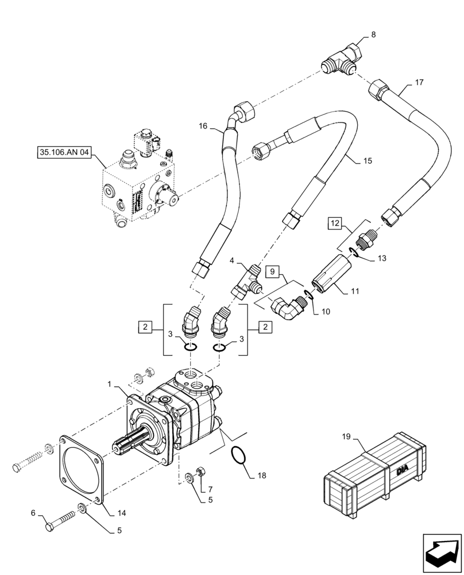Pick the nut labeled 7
(202, 472)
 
